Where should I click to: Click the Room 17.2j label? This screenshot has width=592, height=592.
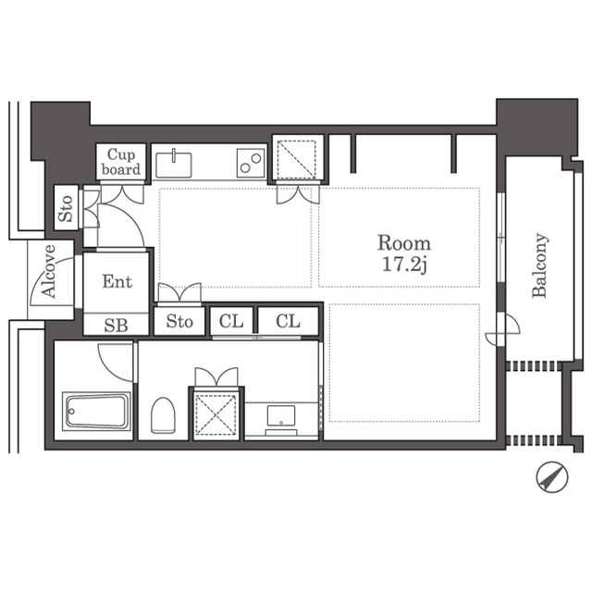pos(404,253)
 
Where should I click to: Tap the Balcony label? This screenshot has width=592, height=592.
pos(539,265)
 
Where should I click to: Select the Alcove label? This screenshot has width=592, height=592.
pos(49,271)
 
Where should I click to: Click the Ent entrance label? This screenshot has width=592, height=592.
pos(117,281)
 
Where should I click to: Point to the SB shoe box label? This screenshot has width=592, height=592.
pos(116,326)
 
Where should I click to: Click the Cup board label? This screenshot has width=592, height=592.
pos(121,162)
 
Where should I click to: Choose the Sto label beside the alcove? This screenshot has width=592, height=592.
pos(66,208)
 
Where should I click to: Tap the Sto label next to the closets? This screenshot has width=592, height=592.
pos(179,321)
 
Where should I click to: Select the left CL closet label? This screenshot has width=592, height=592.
pos(231,321)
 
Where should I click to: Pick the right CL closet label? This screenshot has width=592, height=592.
pos(288,321)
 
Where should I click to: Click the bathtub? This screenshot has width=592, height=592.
pos(96,411)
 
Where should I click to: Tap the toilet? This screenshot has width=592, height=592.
pos(163,415)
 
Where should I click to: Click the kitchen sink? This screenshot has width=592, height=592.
pos(174,165)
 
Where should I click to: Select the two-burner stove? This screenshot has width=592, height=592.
pos(251,163)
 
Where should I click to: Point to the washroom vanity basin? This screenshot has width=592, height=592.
pos(281,416)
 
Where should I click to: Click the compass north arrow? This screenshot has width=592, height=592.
pos(552,477)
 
